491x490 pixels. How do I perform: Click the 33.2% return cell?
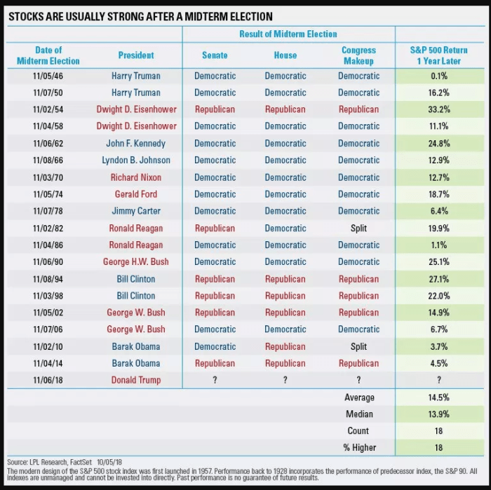point(438,109)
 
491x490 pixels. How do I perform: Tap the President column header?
point(136,55)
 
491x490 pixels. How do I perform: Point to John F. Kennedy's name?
point(136,143)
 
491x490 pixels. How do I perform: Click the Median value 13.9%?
point(438,414)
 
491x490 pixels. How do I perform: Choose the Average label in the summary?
point(359,397)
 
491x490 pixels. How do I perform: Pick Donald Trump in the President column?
point(136,380)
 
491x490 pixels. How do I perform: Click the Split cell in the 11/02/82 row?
point(359,228)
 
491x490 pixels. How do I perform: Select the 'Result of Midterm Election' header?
point(288,34)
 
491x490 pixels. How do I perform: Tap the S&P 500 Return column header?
point(438,55)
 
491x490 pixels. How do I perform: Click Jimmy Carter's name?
point(136,211)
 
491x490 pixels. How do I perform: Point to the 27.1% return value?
point(438,279)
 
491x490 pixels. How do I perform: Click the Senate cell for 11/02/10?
point(215,346)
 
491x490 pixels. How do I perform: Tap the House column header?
point(285,55)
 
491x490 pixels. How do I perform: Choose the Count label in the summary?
point(359,431)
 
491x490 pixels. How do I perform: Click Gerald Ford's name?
point(136,194)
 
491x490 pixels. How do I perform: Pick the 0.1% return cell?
point(438,76)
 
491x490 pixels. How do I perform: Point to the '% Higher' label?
point(359,448)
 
